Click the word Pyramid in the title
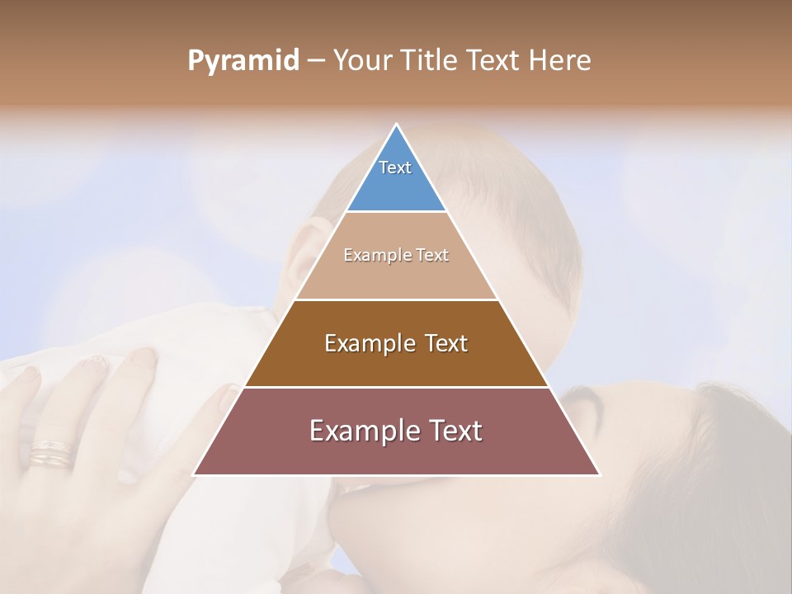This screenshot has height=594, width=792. click(x=243, y=61)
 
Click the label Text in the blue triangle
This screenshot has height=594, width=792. click(x=395, y=167)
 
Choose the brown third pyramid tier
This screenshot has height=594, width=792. click(x=396, y=363)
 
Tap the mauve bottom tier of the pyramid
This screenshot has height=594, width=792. click(x=396, y=454)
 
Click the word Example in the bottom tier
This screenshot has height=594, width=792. click(x=359, y=431)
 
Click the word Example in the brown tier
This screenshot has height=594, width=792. click(x=368, y=343)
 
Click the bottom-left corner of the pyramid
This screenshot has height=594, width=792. click(x=195, y=474)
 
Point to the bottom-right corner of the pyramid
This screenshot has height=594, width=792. click(x=599, y=474)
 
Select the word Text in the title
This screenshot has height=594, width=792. click(x=494, y=61)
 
